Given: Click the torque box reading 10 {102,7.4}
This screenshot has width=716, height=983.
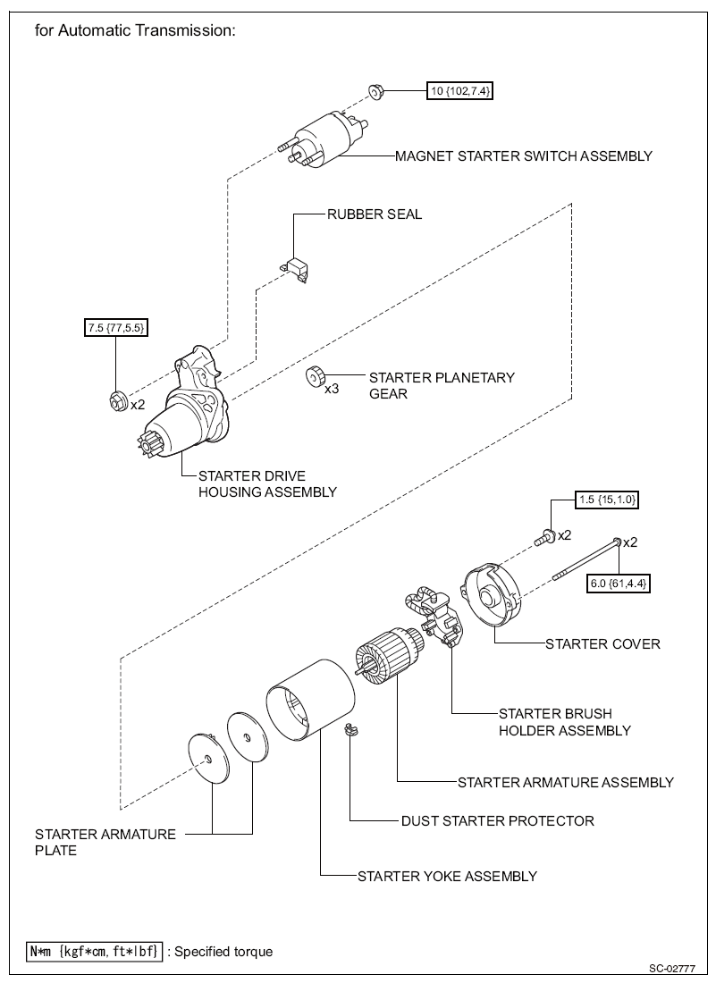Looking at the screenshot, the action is [459, 91].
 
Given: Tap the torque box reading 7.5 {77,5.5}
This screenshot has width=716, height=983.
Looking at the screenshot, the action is [116, 327].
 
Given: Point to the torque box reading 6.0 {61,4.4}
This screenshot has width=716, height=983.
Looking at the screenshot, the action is [618, 584].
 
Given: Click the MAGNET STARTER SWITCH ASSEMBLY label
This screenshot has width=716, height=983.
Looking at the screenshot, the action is [524, 156].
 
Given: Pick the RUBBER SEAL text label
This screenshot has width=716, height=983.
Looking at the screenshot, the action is [375, 214].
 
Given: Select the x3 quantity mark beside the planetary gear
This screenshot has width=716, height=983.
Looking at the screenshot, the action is [332, 389].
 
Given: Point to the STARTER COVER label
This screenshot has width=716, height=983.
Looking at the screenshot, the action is [602, 643].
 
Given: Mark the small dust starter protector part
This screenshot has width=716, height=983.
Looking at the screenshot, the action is [351, 731].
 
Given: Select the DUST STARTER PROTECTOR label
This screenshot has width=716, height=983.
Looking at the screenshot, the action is [498, 820].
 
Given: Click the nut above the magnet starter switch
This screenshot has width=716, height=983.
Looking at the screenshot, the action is [375, 91].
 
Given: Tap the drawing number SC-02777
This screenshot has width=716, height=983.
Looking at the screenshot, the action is [672, 969].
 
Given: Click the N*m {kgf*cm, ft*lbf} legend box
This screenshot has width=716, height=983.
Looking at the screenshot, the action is [95, 951].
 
